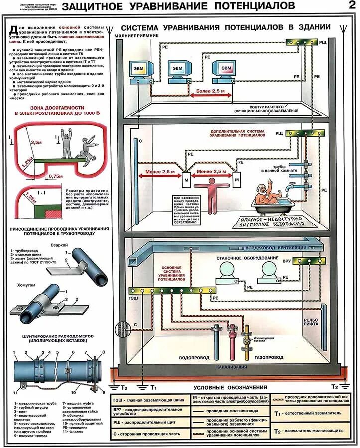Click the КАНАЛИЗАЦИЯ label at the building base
tap(232, 367)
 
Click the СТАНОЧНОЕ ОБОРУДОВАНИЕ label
tap(240, 259)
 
